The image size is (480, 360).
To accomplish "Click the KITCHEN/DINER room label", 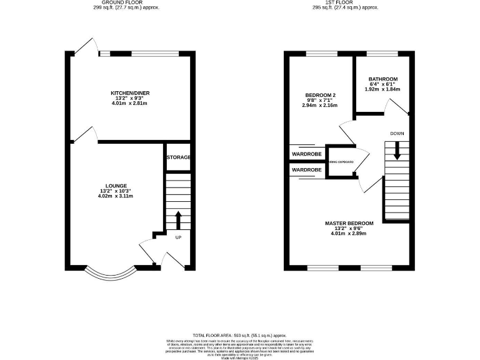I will pos(130,93).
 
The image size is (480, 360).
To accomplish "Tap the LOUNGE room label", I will pos(117,186).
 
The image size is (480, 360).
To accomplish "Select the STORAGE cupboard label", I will pos(177,157).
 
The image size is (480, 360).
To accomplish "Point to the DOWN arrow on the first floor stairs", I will pos(396,150).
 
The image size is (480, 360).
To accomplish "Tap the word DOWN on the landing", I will pos(396,134).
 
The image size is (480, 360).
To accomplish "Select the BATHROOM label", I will pos(382,79).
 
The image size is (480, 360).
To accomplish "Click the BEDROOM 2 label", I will pos(319,95).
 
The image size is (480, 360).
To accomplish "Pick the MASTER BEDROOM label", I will pos(349,223).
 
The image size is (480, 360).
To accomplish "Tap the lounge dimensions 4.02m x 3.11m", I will pos(117,196).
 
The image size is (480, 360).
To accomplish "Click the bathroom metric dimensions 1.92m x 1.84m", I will pos(382,89).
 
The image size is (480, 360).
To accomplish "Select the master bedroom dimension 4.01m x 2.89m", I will pos(349,234).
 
